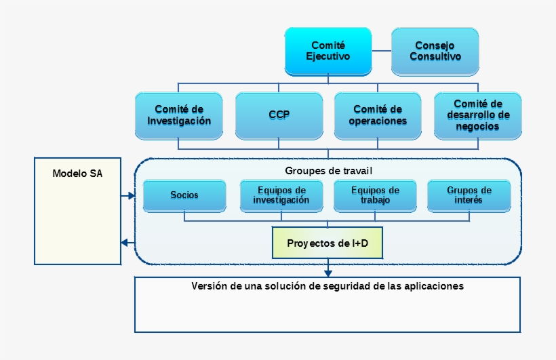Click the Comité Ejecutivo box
(328, 51)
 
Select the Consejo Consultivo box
(435, 51)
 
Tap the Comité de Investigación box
(179, 115)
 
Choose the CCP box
(279, 115)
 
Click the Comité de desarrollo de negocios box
(477, 115)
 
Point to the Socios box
(184, 195)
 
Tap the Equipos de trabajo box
(375, 195)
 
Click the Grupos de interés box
(469, 195)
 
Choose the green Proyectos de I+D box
(327, 243)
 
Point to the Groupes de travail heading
(329, 170)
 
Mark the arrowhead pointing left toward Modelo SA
(124, 243)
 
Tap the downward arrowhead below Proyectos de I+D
(328, 273)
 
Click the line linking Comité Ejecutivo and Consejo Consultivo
(382, 51)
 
